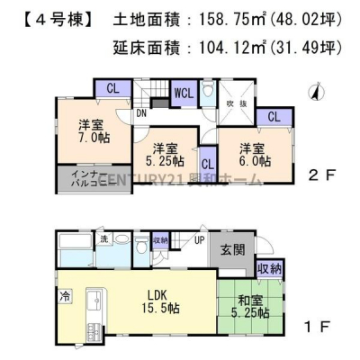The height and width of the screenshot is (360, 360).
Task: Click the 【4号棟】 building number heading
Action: point(54,19)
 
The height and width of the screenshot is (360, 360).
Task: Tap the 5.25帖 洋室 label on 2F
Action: point(165,154)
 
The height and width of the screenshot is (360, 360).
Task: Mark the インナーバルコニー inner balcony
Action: point(80,178)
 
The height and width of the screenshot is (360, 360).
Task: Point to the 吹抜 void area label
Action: point(236,102)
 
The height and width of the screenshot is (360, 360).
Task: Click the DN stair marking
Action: point(142,114)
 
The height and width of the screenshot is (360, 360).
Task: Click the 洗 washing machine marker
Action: point(104,238)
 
